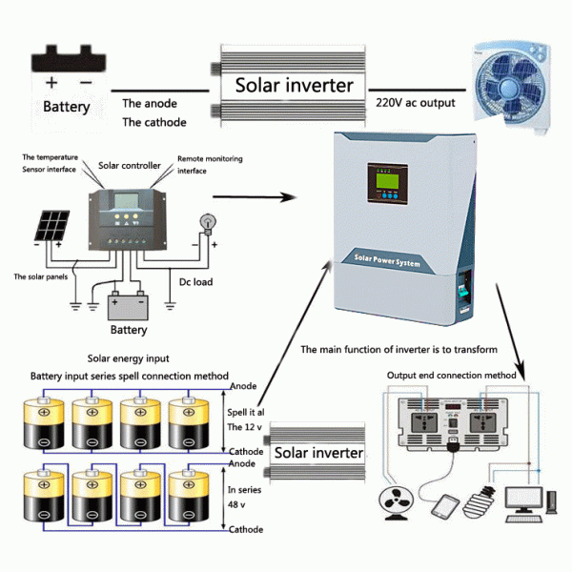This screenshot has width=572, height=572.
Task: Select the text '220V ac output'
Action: [x=415, y=103]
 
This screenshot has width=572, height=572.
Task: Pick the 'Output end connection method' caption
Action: [x=453, y=375]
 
